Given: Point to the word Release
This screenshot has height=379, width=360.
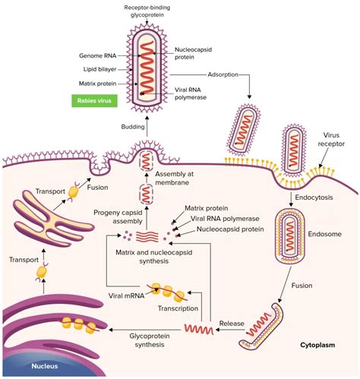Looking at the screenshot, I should [x=232, y=323].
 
